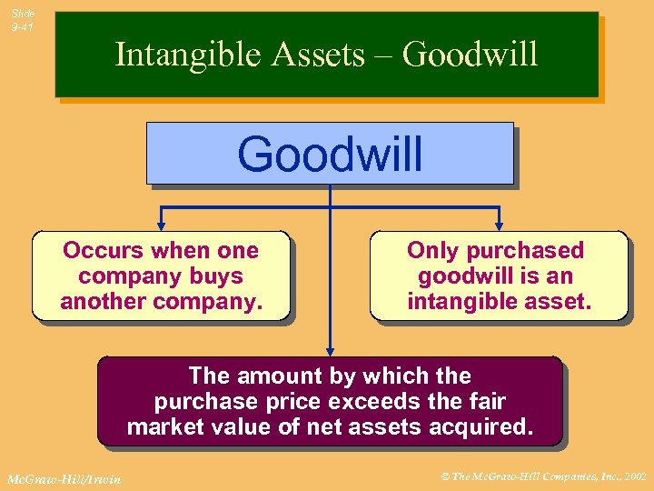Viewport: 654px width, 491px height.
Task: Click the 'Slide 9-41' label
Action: (23, 20)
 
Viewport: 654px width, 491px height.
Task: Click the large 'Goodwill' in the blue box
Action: (330, 153)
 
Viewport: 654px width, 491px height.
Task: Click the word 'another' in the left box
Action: (105, 301)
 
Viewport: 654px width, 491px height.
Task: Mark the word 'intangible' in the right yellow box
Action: (462, 301)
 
